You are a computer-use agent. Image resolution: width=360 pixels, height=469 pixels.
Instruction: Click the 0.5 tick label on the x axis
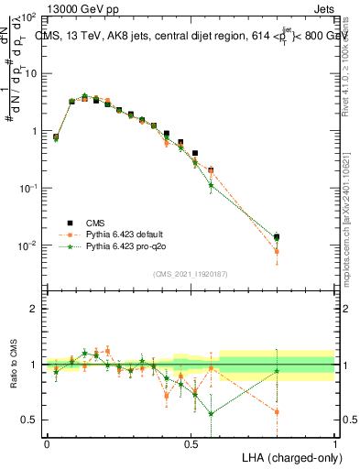tap(191, 442)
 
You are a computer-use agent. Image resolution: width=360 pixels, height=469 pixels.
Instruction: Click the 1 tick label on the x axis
tap(335, 442)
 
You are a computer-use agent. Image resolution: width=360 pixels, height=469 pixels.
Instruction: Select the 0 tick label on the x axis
tap(47, 442)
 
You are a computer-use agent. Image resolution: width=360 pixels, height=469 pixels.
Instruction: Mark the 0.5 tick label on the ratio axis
tap(28, 420)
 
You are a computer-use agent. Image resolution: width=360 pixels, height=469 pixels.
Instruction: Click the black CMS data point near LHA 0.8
tap(277, 237)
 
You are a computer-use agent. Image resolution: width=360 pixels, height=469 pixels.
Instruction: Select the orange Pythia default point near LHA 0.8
tap(277, 251)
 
